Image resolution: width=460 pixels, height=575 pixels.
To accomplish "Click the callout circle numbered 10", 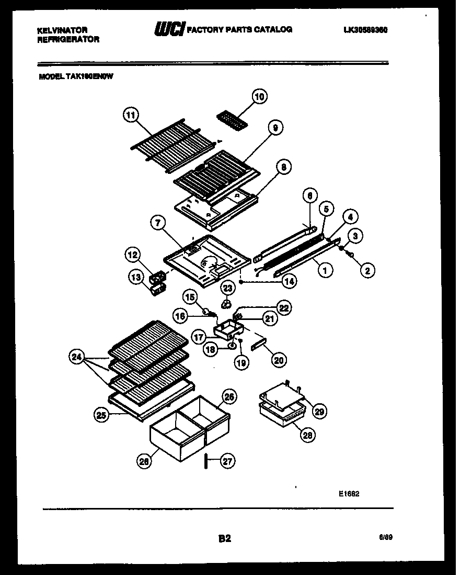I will (x=260, y=96).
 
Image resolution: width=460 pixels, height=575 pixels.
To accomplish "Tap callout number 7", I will (x=156, y=223).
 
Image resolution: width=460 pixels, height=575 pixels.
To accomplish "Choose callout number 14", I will (x=289, y=281).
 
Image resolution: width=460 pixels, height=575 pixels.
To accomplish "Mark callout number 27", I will (x=228, y=461).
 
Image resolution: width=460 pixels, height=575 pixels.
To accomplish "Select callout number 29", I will (x=319, y=411).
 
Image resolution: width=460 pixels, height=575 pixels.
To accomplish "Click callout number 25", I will (x=101, y=415).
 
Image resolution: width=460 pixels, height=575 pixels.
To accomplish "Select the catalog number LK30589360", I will (x=365, y=30).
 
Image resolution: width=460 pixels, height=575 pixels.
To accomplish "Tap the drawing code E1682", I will (x=349, y=493).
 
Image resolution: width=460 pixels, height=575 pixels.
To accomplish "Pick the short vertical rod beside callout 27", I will (x=206, y=461).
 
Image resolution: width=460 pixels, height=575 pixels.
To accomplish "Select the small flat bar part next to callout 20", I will (x=259, y=345).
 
